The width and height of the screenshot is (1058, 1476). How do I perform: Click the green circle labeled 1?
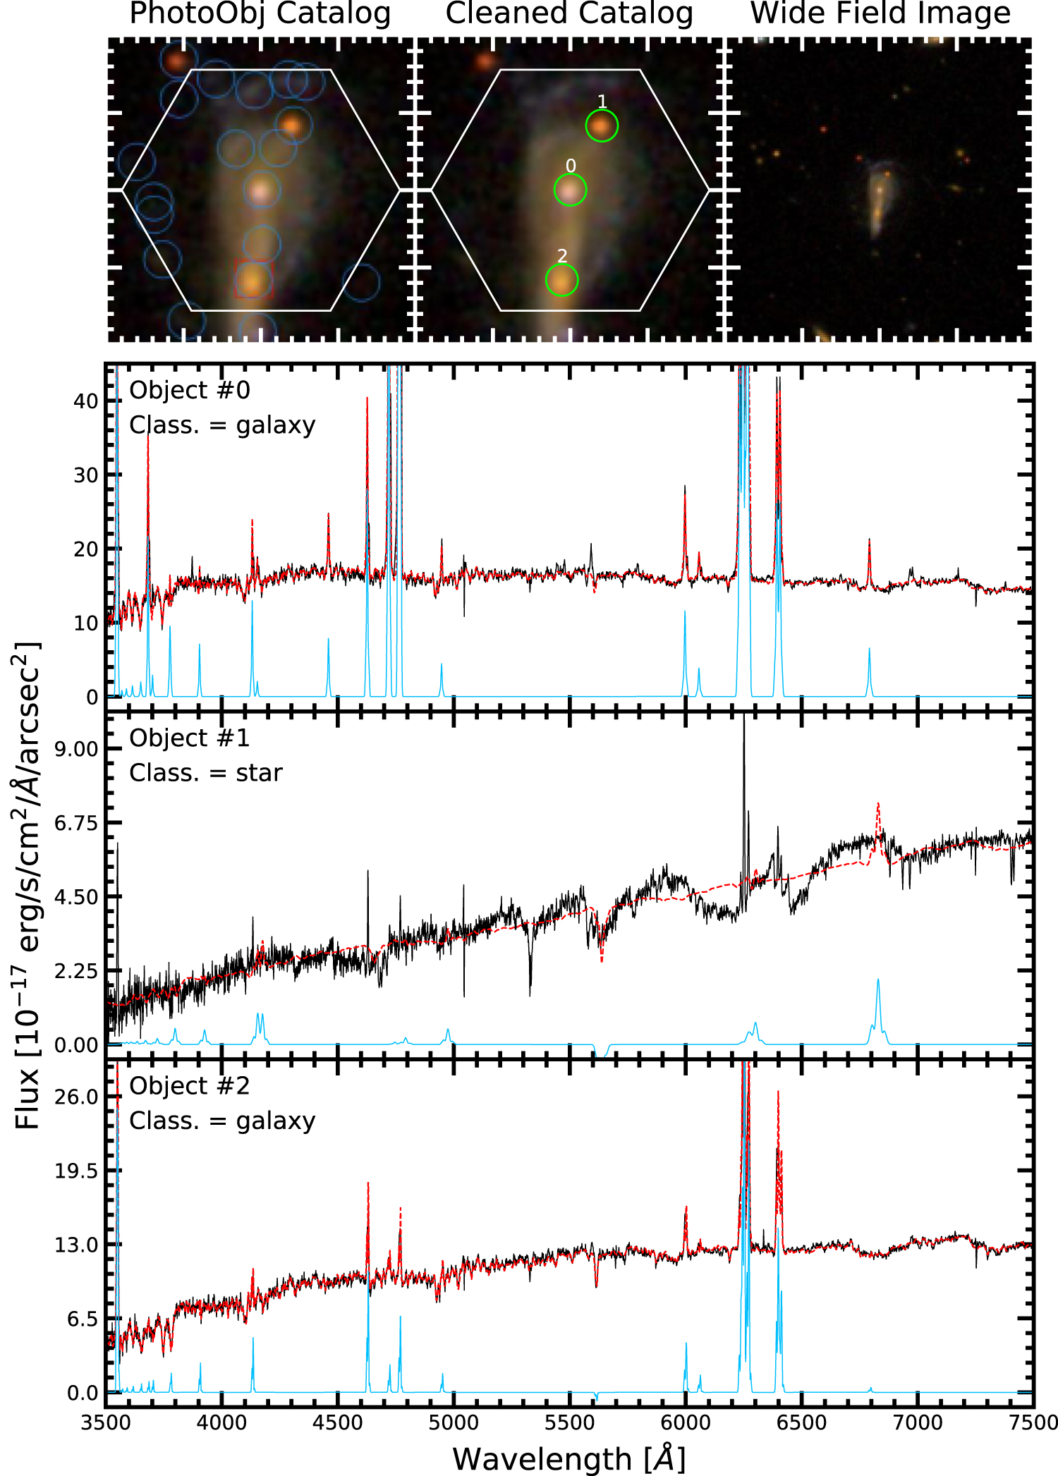point(602,126)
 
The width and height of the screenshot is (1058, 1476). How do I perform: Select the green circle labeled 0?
point(570,190)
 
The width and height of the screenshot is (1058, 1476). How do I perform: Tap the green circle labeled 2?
point(561,280)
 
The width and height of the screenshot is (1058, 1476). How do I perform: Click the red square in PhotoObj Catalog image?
point(253,279)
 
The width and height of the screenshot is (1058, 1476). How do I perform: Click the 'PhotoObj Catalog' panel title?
point(260,13)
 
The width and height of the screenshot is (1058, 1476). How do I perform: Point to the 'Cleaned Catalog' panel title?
point(569,13)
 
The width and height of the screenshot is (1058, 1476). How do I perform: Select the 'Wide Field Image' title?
point(880,13)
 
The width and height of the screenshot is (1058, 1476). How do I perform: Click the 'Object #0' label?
point(190,390)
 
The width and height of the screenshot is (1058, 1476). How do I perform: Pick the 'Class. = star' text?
point(205,773)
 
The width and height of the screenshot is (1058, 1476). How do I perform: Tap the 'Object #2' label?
point(190,1085)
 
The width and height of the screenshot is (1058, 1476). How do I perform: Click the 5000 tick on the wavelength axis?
point(454,1422)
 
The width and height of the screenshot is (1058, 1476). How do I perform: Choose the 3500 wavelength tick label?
point(106,1422)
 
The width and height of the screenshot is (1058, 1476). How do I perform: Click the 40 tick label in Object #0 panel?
point(85,401)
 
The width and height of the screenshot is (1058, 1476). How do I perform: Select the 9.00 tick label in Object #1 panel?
point(76,749)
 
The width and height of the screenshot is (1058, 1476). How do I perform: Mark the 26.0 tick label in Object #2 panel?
point(76,1097)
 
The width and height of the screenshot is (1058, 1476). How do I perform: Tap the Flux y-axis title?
point(27,885)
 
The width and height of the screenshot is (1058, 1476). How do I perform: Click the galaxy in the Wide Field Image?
point(879,198)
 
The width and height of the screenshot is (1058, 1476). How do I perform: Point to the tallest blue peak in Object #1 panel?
point(878,980)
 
